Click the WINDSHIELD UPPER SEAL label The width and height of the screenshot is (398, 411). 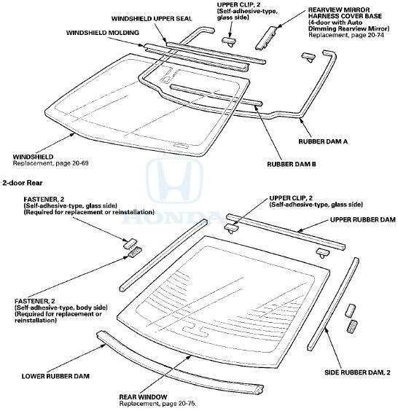[x=152, y=19]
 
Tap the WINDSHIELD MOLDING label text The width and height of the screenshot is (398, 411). [x=103, y=33]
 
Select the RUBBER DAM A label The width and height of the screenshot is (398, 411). [x=323, y=141]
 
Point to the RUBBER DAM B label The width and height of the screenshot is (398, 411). [x=292, y=165]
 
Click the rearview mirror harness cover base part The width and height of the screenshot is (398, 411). [x=265, y=37]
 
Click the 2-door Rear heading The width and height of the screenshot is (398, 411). [x=23, y=183]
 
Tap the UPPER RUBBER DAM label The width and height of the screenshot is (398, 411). [x=362, y=219]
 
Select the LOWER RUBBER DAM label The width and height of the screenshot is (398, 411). [x=55, y=376]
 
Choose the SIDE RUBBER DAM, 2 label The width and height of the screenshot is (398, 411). [x=357, y=372]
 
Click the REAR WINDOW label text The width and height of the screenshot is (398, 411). [x=143, y=397]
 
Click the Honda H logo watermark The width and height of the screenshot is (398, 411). [x=174, y=181]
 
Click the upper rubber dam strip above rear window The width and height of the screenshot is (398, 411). [x=286, y=232]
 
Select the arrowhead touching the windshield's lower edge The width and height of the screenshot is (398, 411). [x=72, y=134]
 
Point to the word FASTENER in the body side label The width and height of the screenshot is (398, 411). [x=31, y=301]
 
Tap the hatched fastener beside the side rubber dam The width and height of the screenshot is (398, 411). [x=353, y=326]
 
